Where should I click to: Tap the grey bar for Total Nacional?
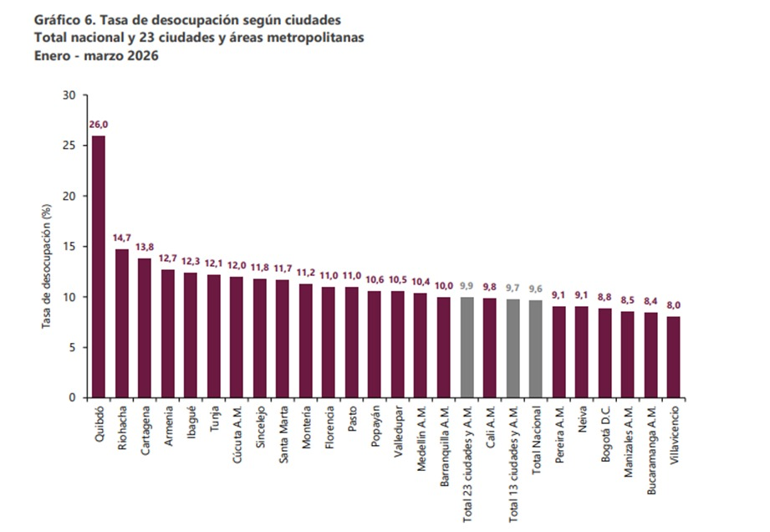pos(535,349)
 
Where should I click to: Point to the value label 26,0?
pos(99,125)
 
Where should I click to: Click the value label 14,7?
pos(122,238)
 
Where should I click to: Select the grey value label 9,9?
pos(467,286)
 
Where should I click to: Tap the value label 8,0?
pos(673,305)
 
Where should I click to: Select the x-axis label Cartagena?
pos(145,432)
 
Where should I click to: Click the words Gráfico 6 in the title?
pos(62,18)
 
